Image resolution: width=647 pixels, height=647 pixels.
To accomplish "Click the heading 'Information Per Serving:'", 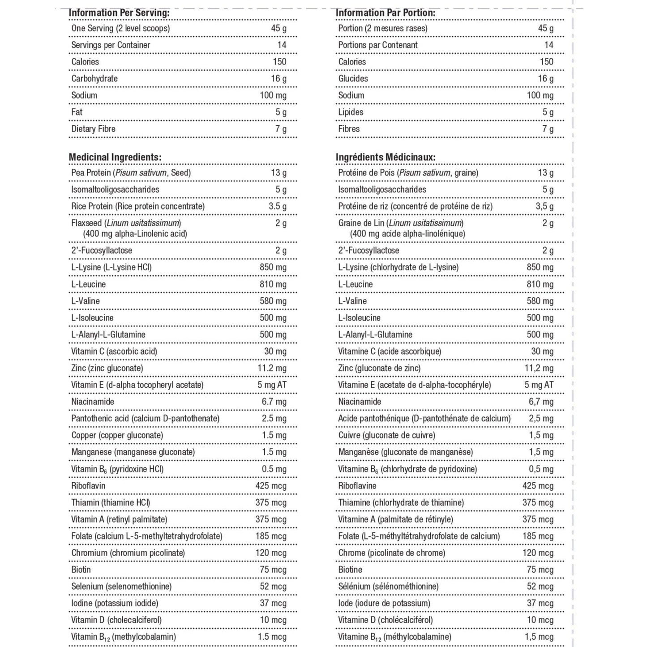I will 119,13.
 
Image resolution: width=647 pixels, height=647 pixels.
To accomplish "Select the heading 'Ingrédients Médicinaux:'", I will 386,157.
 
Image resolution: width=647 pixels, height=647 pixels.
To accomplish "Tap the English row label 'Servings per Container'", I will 111,45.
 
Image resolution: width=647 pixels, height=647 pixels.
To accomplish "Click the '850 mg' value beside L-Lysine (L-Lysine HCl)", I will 273,267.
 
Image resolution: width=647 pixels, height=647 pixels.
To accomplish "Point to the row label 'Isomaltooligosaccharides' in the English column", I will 115,189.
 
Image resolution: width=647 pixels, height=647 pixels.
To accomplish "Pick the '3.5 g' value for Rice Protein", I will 278,206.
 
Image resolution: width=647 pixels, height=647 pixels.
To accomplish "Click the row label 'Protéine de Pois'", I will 367,173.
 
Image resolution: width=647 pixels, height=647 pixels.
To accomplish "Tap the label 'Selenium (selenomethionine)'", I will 121,587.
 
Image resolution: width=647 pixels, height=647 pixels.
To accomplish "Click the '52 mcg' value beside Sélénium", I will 540,587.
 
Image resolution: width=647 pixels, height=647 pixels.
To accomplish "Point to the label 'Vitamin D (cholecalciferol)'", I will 116,620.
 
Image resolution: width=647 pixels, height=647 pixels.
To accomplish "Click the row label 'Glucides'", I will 353,79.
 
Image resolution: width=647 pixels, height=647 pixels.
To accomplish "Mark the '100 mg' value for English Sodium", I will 273,95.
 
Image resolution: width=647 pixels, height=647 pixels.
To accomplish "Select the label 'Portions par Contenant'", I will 377,45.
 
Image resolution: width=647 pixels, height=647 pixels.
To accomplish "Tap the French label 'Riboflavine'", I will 357,486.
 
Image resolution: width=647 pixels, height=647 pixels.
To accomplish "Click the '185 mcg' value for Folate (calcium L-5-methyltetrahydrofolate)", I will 271,536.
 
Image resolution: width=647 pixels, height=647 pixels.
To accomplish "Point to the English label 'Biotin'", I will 81,570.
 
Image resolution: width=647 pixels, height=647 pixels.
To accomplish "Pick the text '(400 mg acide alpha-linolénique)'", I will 407,234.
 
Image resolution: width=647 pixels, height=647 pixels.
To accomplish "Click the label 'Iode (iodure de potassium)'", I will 384,603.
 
